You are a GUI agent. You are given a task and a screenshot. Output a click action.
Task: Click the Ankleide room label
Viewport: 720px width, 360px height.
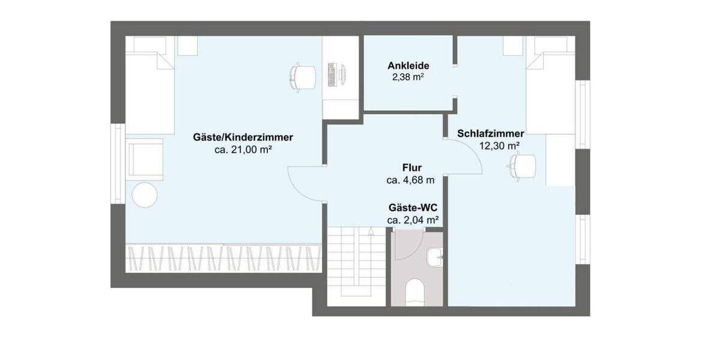[x=409, y=66]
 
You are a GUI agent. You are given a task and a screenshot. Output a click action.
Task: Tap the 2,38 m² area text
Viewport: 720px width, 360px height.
[x=409, y=77]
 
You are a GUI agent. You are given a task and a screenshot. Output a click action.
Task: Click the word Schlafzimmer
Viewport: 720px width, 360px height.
[x=491, y=133]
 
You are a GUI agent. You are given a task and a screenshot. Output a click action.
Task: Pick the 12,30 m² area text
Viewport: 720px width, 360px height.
[x=499, y=145]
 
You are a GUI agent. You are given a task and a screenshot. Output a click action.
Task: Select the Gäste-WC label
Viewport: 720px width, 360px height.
[x=412, y=208]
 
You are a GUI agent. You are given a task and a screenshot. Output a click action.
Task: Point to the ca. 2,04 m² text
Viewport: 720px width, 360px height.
[x=412, y=220]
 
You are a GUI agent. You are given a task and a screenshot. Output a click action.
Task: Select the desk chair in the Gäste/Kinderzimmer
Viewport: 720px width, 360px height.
[x=302, y=77]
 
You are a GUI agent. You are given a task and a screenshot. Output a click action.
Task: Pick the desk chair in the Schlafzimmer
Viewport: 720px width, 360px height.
[x=522, y=165]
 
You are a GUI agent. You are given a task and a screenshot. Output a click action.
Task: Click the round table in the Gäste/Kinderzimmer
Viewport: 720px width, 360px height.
[x=144, y=195]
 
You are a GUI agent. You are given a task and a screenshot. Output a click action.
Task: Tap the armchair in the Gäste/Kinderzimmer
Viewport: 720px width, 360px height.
[x=145, y=159]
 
